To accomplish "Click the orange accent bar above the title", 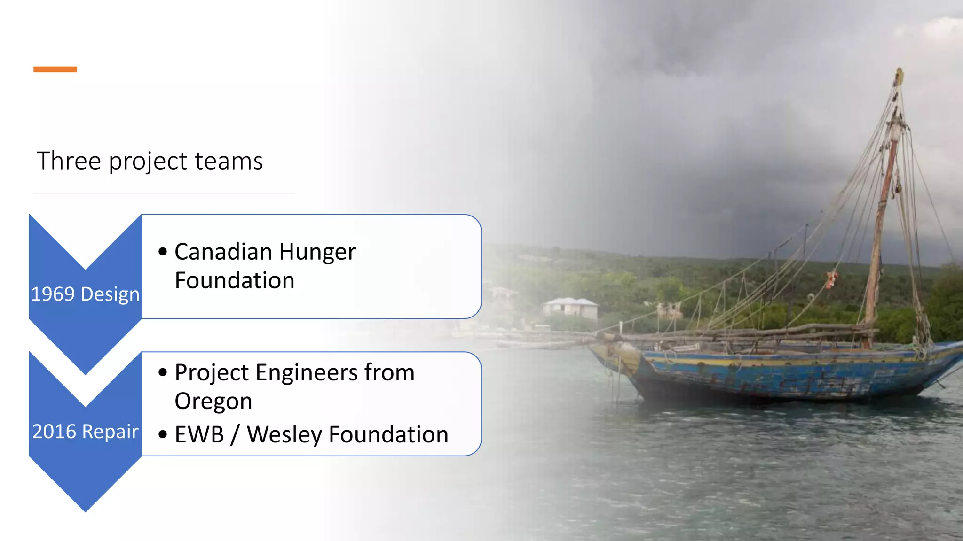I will (x=55, y=70).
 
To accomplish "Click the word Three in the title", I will (x=69, y=161).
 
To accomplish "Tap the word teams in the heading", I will (x=229, y=161).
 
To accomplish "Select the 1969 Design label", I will (x=85, y=294).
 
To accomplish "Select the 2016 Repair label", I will (x=85, y=432).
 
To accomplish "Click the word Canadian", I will (x=223, y=252).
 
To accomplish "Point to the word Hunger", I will (x=317, y=253).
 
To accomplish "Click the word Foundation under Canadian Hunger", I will (x=235, y=281).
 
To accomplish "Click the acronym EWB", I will (x=199, y=434).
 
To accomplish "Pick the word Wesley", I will (x=284, y=435).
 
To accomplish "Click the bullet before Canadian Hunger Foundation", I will (x=163, y=252).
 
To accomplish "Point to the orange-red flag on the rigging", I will (x=831, y=279).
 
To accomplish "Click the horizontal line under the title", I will (x=164, y=193).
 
